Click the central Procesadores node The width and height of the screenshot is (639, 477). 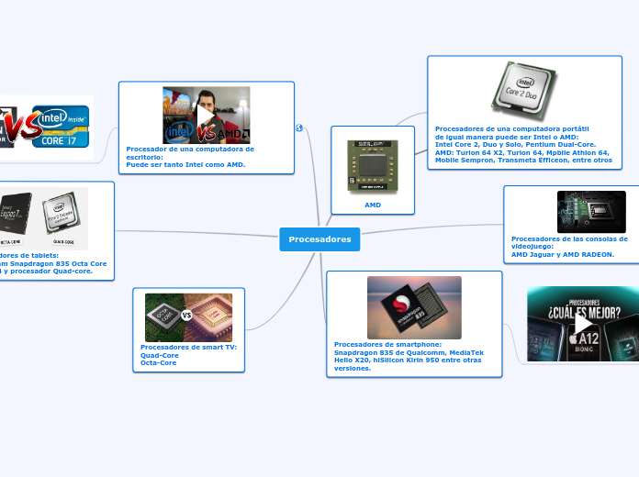pyautogui.click(x=319, y=239)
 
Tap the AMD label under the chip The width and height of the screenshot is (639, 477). pyautogui.click(x=373, y=205)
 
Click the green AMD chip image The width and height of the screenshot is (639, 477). pyautogui.click(x=373, y=167)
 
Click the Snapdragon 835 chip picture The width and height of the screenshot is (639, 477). pyautogui.click(x=414, y=307)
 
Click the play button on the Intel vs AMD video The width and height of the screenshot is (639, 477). pyautogui.click(x=207, y=116)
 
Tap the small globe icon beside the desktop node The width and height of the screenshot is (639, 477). pyautogui.click(x=299, y=128)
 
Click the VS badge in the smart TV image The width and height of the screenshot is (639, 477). pyautogui.click(x=187, y=316)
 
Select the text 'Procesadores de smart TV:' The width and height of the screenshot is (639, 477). pyautogui.click(x=188, y=348)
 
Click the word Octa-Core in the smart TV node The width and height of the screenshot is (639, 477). pyautogui.click(x=159, y=363)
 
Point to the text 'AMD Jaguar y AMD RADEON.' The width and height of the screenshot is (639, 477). pyautogui.click(x=562, y=254)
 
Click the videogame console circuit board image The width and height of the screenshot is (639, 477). pyautogui.click(x=591, y=212)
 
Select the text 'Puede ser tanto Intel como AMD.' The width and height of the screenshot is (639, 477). pyautogui.click(x=185, y=165)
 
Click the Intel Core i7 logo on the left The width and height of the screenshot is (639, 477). pyautogui.click(x=62, y=127)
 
